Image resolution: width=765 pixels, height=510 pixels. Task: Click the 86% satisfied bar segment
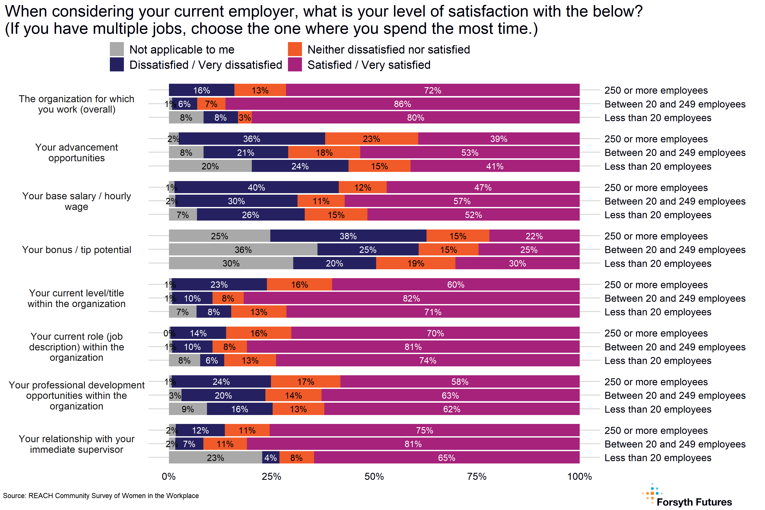pyautogui.click(x=402, y=104)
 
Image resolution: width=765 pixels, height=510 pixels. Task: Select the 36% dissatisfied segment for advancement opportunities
pyautogui.click(x=252, y=139)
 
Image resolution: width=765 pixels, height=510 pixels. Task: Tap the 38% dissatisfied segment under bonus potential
pyautogui.click(x=348, y=236)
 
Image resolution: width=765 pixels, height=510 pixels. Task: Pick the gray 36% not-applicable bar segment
pyautogui.click(x=243, y=250)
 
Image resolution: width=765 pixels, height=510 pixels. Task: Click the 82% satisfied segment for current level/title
pyautogui.click(x=411, y=298)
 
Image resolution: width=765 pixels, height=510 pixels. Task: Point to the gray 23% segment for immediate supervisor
pyautogui.click(x=215, y=458)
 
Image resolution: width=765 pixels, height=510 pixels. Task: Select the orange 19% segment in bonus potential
pyautogui.click(x=416, y=263)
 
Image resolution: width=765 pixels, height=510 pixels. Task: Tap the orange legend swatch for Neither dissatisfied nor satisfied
pyautogui.click(x=295, y=49)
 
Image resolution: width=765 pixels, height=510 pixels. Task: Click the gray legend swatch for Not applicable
pyautogui.click(x=117, y=49)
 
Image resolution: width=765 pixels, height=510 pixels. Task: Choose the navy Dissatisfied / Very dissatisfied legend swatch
pyautogui.click(x=117, y=64)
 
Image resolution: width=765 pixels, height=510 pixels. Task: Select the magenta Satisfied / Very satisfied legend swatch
pyautogui.click(x=295, y=64)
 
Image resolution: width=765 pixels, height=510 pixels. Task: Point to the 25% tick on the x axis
pyautogui.click(x=271, y=476)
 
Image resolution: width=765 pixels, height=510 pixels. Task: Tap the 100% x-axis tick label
pyautogui.click(x=579, y=476)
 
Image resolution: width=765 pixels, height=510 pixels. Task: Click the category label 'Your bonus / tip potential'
pyautogui.click(x=76, y=250)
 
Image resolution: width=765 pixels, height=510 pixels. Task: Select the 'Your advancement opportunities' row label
pyautogui.click(x=76, y=153)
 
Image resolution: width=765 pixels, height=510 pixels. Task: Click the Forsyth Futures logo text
pyautogui.click(x=694, y=502)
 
